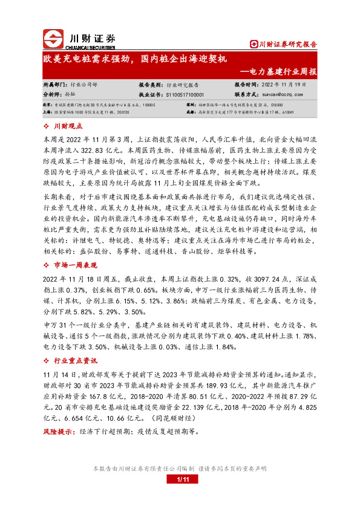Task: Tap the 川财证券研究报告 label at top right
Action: pyautogui.click(x=287, y=44)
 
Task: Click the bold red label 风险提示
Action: pyautogui.click(x=59, y=433)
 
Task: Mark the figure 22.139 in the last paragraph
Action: pyautogui.click(x=195, y=409)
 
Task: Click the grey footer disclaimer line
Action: pyautogui.click(x=180, y=468)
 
